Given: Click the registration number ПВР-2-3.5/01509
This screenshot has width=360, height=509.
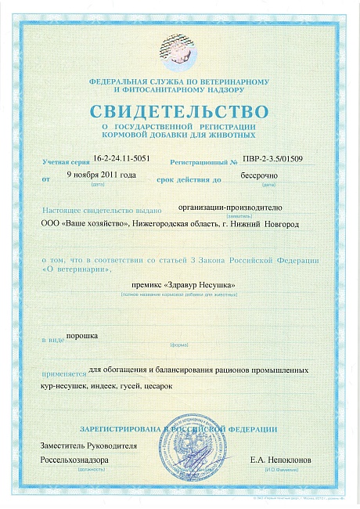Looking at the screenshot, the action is [x=276, y=157].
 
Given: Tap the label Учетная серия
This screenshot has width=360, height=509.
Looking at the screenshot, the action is [x=66, y=161].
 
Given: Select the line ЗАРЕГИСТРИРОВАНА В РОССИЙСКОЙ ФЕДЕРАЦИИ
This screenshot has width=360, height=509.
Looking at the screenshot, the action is [x=179, y=429].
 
